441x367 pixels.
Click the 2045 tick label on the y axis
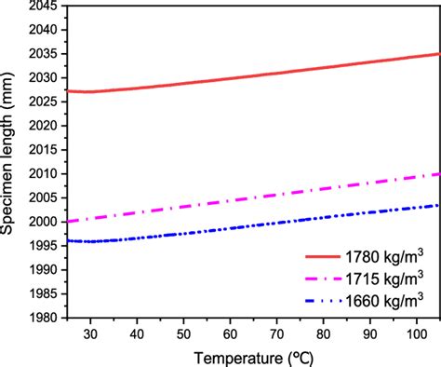coord(47,6)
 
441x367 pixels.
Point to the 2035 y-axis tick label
coord(47,53)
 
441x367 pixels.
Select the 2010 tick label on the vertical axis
coord(47,174)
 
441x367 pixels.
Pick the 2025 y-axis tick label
coord(47,102)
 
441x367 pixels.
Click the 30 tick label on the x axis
coord(90,333)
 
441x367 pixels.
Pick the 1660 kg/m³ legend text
coord(381,300)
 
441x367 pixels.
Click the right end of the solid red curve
coord(437,54)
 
